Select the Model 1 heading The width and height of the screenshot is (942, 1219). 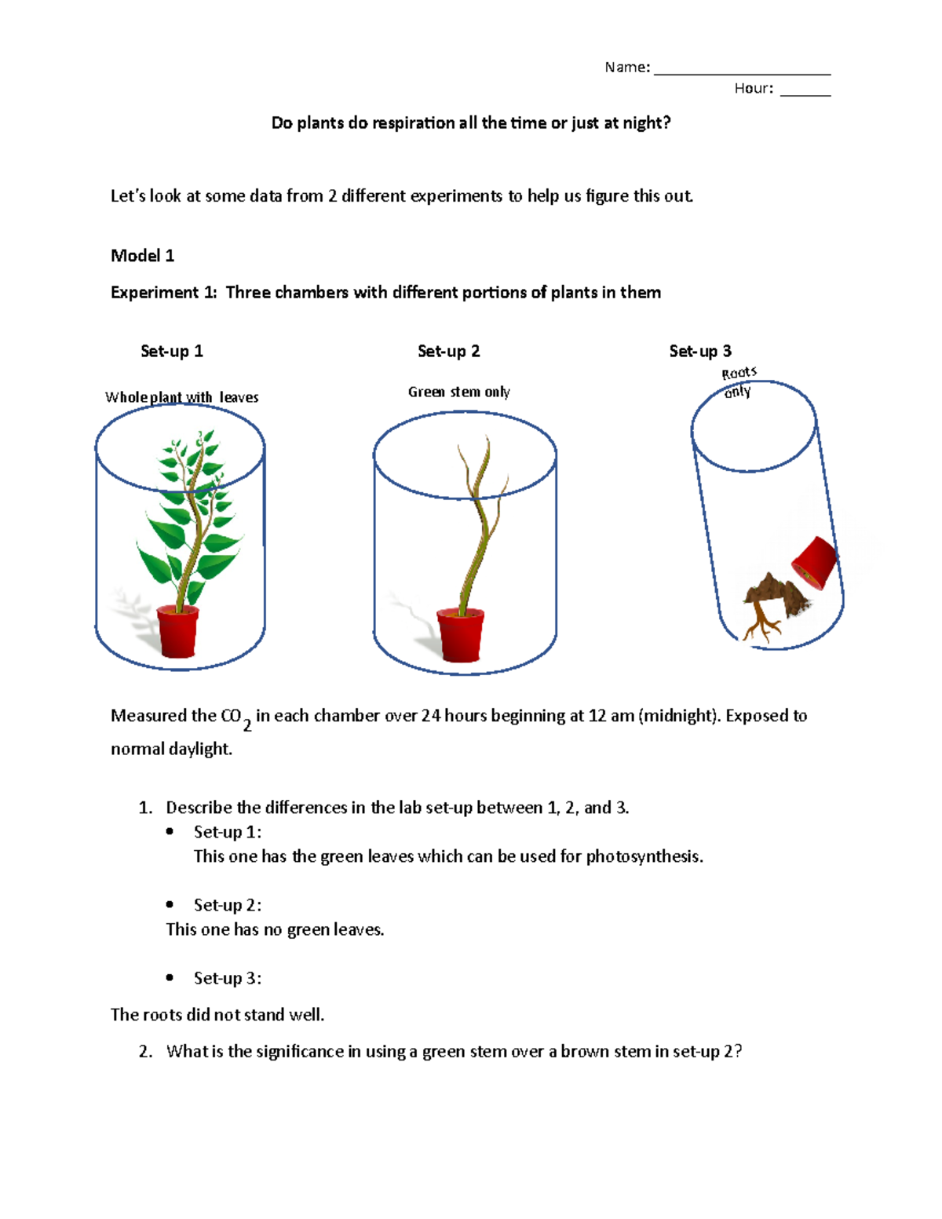click(142, 256)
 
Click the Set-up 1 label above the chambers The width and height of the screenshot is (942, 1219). click(172, 351)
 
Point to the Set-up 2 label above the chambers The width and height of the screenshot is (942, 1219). click(448, 351)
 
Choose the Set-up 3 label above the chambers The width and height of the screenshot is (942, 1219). click(700, 351)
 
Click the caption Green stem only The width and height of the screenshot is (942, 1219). click(458, 392)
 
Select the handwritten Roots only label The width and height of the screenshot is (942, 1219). click(739, 382)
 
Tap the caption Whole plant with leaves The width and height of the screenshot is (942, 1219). click(182, 397)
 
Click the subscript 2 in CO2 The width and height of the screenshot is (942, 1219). click(247, 725)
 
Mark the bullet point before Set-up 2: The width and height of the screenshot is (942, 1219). click(170, 905)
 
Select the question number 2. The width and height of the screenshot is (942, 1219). click(145, 1052)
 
